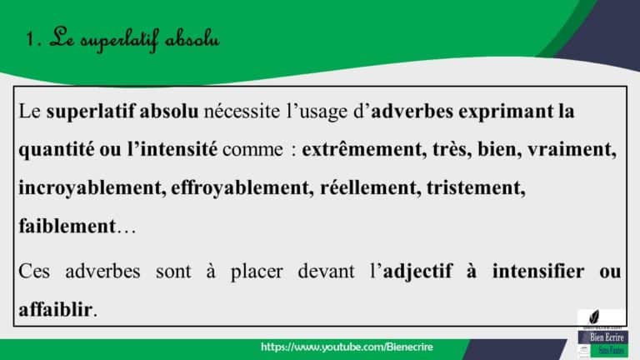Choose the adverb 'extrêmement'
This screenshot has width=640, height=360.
[363, 150]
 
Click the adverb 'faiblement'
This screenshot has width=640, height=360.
[65, 227]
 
